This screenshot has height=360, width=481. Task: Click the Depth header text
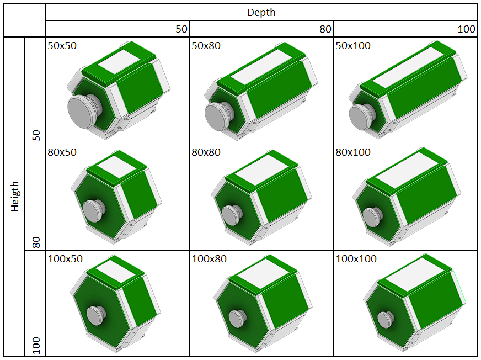[x=261, y=13]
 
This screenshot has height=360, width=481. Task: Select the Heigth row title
[x=15, y=196]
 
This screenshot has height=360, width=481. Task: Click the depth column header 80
[x=325, y=29]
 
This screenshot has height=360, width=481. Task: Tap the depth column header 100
[x=466, y=29]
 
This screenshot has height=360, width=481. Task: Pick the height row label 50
[x=36, y=135]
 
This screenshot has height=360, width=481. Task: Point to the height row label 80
[x=36, y=242]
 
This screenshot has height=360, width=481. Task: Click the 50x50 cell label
[x=62, y=45]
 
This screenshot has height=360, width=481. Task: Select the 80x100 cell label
[x=353, y=152]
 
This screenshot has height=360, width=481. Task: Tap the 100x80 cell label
[x=209, y=258]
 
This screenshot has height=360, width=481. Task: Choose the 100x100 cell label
[x=356, y=258]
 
